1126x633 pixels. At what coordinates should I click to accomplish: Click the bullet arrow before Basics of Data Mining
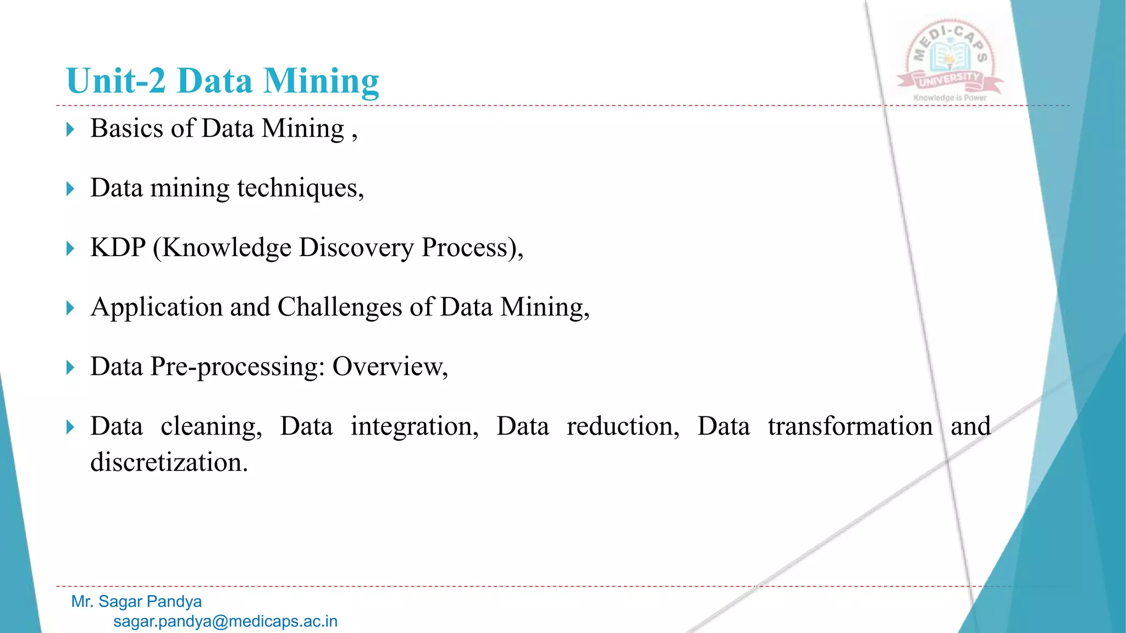coord(70,130)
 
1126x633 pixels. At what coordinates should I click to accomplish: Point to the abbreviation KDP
coord(118,247)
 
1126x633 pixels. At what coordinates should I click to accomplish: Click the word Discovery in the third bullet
coord(356,248)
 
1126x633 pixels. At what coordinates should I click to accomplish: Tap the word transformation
coord(850,426)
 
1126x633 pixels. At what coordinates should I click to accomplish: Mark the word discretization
coord(169,462)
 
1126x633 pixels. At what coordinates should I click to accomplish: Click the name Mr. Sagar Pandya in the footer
coord(136,602)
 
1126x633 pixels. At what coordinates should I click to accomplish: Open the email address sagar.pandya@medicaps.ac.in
coord(225,621)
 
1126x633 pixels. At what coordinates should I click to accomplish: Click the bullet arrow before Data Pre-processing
coord(70,368)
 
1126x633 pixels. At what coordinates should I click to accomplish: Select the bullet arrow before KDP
coord(70,248)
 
